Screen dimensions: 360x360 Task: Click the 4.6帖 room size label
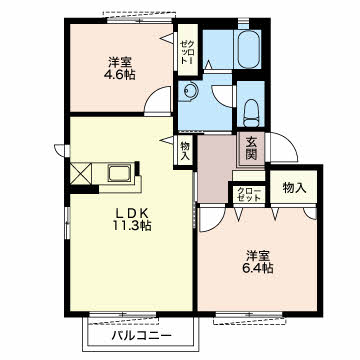coord(120,75)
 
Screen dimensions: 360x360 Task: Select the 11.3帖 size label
coord(131,226)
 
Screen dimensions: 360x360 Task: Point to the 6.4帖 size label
coord(258,267)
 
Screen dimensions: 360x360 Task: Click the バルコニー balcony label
coord(142,335)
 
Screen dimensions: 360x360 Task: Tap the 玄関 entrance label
coord(252,149)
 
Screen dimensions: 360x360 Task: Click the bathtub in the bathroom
coord(249,49)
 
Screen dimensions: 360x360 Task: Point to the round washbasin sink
coord(191,91)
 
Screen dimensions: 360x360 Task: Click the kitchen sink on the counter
coord(119,172)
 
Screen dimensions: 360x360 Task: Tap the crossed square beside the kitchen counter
coord(80,173)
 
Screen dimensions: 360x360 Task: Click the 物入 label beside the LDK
coord(185,151)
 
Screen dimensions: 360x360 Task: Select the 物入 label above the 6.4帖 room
coord(294,188)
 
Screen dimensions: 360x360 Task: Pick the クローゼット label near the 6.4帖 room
coord(249,194)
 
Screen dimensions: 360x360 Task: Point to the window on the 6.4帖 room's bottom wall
coord(249,314)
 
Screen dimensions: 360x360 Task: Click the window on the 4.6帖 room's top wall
coord(140,20)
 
